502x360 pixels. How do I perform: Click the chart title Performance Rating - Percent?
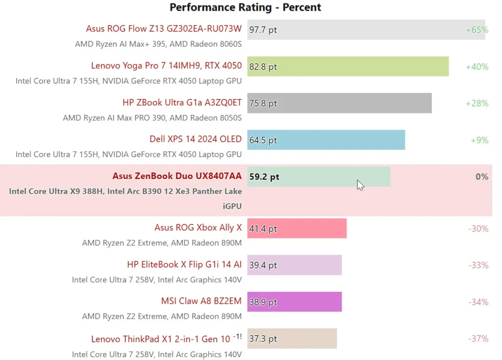245,7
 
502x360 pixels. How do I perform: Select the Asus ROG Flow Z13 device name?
164,29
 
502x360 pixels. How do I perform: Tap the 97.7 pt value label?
263,30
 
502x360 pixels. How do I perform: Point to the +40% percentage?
477,67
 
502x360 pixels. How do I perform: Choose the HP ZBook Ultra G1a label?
182,103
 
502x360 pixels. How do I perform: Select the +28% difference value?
477,103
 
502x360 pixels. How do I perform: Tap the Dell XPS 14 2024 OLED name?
196,139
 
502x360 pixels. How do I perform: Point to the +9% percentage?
479,140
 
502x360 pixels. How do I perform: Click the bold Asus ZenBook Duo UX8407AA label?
177,176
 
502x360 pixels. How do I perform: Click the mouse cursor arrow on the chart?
360,185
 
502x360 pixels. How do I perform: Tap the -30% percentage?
477,229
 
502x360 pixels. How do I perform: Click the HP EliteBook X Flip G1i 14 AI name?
184,265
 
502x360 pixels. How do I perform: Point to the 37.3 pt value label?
263,339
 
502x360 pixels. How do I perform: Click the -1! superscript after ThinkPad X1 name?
237,336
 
